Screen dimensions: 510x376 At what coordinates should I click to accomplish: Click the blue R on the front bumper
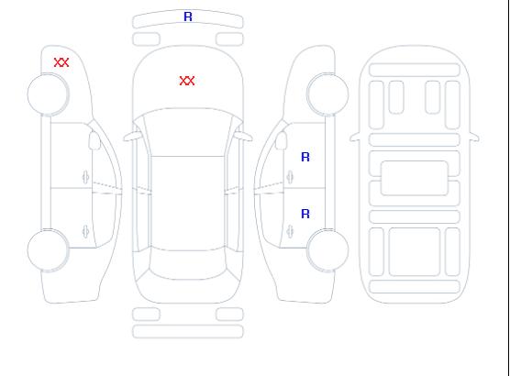click(188, 17)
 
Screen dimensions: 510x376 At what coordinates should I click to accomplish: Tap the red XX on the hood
click(187, 81)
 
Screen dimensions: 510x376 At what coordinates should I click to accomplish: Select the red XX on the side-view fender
click(61, 62)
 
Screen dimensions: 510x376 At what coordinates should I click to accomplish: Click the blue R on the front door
click(305, 157)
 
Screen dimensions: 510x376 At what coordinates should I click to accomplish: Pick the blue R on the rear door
click(305, 214)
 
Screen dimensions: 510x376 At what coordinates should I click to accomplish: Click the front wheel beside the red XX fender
click(48, 94)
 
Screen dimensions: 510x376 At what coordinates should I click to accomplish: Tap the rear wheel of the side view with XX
click(48, 250)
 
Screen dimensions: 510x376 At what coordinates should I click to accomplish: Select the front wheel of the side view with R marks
click(327, 94)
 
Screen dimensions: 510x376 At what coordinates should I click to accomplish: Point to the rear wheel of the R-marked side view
click(327, 250)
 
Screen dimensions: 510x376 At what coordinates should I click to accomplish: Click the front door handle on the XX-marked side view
click(85, 177)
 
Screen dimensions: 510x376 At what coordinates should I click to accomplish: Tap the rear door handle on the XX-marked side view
click(85, 231)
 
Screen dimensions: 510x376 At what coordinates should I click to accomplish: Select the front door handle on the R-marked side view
click(290, 177)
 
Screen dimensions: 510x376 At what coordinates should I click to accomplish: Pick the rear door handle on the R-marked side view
click(290, 231)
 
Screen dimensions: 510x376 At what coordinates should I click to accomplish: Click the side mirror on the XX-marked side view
click(94, 140)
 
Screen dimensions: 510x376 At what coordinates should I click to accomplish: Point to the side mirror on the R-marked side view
click(281, 140)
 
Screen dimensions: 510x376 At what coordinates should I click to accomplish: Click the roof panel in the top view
click(188, 204)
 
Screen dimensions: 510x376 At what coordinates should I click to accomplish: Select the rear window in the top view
click(188, 264)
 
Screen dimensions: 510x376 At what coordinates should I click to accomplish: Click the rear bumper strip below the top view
click(188, 331)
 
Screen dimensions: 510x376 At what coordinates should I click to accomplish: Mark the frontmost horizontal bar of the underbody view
click(415, 70)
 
